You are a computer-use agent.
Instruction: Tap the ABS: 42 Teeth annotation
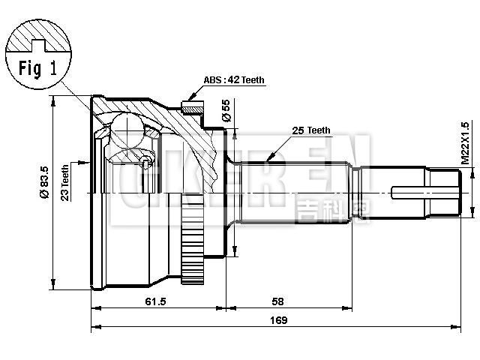234,80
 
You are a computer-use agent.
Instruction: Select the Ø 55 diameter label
225,112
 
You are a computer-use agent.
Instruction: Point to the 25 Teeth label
310,130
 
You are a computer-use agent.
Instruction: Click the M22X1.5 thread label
465,143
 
